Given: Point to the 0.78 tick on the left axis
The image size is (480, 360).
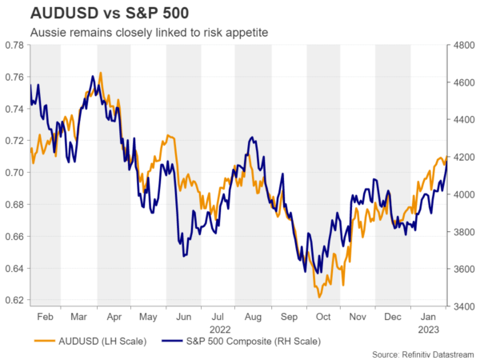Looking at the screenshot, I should (14, 45).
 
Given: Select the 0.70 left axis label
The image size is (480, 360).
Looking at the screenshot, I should (14, 173).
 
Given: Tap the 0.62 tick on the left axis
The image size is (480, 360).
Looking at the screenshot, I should (14, 301).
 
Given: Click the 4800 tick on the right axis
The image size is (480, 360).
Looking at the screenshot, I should (463, 45).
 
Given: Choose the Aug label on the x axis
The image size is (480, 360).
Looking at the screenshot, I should (254, 317).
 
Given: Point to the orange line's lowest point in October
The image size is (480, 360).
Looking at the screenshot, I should (319, 297).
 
